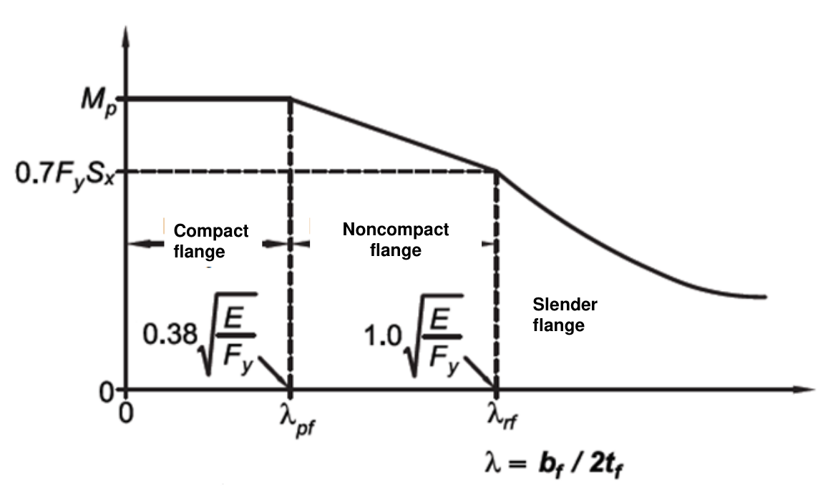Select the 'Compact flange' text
210,241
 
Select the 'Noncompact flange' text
396,240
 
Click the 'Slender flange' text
565,315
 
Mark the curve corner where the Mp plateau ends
290,98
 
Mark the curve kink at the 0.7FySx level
496,171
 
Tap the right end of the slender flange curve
766,296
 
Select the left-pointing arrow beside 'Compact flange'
143,244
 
